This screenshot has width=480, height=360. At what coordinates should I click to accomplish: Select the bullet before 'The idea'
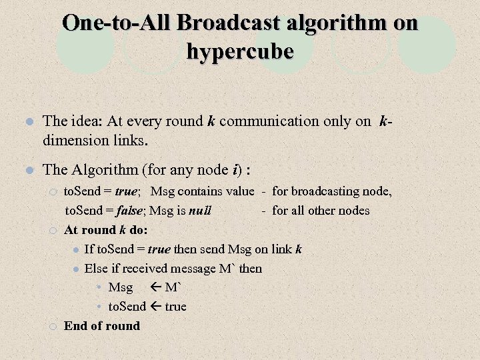click(x=28, y=122)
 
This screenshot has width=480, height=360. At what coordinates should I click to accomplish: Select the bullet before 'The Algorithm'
click(x=28, y=170)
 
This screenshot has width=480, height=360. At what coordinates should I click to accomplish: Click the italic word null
click(x=200, y=211)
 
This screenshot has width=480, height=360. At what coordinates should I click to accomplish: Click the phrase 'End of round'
click(x=102, y=326)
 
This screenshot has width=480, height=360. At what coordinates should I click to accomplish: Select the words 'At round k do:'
click(x=106, y=230)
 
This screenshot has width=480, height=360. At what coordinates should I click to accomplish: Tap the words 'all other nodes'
click(x=330, y=211)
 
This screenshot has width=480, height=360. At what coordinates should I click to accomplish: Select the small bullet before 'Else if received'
click(x=76, y=269)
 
